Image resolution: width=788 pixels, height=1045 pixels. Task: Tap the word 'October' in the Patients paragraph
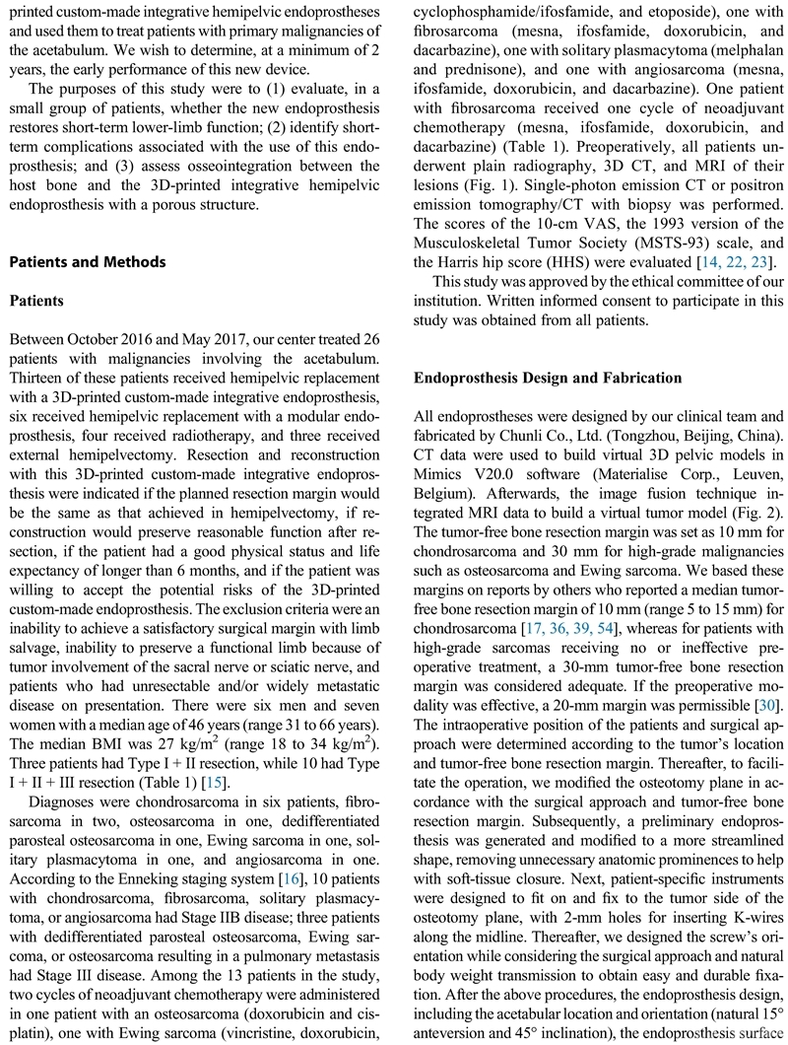(x=98, y=338)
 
